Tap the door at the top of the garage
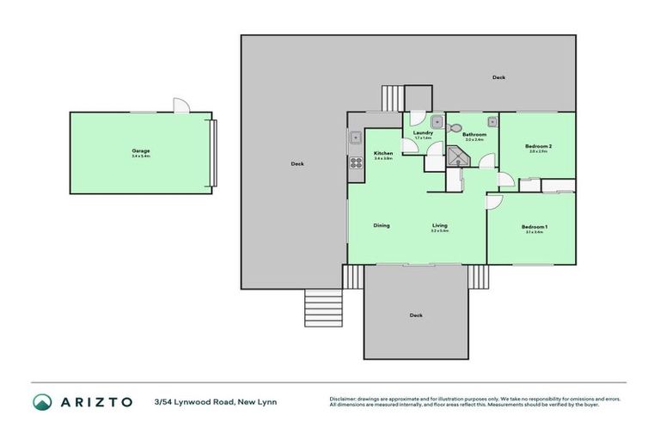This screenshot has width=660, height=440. (x=180, y=106)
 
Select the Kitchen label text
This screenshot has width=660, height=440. (x=382, y=154)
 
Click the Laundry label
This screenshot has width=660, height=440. (x=423, y=133)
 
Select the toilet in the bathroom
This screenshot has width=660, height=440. (x=455, y=127)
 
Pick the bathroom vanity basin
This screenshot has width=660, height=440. (x=492, y=121)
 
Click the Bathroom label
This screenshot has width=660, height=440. (x=474, y=134)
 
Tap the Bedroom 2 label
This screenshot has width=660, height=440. (x=538, y=146)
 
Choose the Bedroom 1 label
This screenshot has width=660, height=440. (x=534, y=227)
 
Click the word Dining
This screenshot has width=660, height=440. (x=382, y=225)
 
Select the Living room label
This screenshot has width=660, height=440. (x=439, y=226)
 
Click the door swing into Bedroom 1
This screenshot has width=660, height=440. (x=495, y=201)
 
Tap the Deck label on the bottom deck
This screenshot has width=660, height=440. (x=416, y=315)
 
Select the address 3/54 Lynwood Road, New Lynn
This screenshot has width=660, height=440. (x=215, y=401)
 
